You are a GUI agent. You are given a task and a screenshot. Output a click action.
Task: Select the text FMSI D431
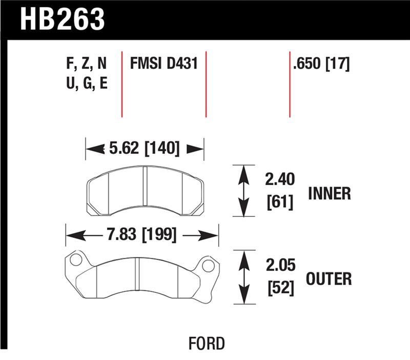(164, 64)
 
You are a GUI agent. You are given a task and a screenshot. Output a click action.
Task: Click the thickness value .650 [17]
(321, 64)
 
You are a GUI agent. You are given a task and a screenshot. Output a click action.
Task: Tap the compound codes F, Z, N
(86, 64)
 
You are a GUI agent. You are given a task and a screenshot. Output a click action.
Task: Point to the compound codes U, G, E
(86, 84)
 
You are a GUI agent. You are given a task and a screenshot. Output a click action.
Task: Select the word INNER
(329, 193)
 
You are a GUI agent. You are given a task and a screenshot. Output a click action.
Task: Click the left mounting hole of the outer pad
(75, 260)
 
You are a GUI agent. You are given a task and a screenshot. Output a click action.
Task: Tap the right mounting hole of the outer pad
(208, 266)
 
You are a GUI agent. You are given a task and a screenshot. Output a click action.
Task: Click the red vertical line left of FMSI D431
(121, 84)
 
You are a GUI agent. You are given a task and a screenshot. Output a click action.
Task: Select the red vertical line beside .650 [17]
(290, 84)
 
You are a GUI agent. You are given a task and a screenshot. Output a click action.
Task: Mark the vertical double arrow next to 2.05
(244, 278)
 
